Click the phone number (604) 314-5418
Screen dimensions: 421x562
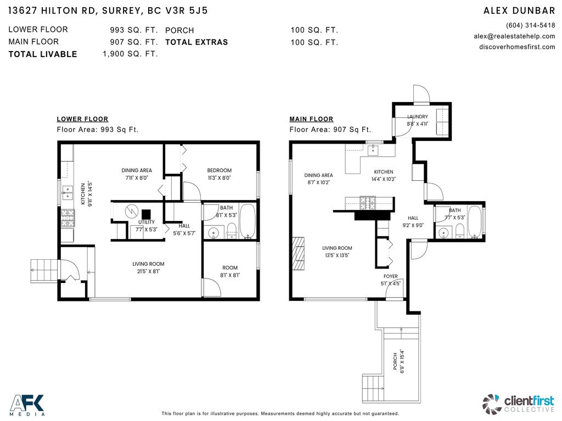[530, 25]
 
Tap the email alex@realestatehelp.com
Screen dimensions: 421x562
[514, 36]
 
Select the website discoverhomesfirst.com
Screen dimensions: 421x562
[517, 47]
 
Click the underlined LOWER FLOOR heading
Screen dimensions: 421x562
[82, 119]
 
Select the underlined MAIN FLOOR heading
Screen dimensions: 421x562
[311, 119]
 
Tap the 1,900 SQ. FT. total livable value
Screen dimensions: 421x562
[130, 54]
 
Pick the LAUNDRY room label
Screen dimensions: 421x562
[417, 116]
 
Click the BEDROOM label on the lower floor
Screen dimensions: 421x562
[219, 170]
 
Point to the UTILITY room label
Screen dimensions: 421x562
[147, 222]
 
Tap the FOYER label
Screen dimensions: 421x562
[390, 276]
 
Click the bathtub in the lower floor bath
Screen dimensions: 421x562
[248, 222]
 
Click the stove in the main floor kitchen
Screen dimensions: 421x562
[367, 203]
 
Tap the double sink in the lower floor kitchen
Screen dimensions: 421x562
[69, 192]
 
